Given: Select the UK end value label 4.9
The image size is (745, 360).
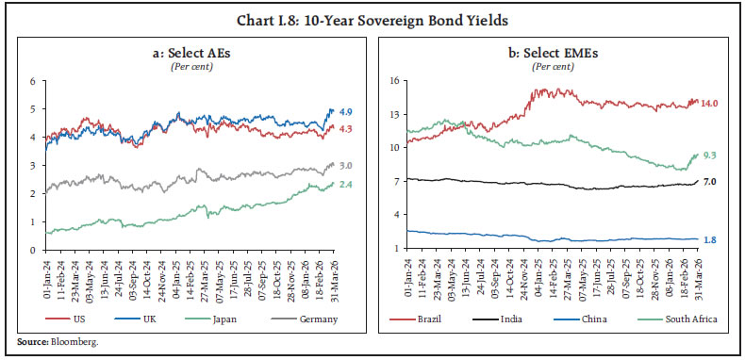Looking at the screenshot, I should click(346, 111).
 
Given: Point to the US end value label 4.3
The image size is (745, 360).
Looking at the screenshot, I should click(346, 129).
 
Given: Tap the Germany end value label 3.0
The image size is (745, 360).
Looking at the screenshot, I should click(346, 166).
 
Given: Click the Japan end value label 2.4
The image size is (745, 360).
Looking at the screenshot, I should click(346, 185).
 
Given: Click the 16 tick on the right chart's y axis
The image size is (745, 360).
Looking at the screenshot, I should click(396, 81).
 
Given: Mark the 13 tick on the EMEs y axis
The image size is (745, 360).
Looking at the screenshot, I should click(396, 114).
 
